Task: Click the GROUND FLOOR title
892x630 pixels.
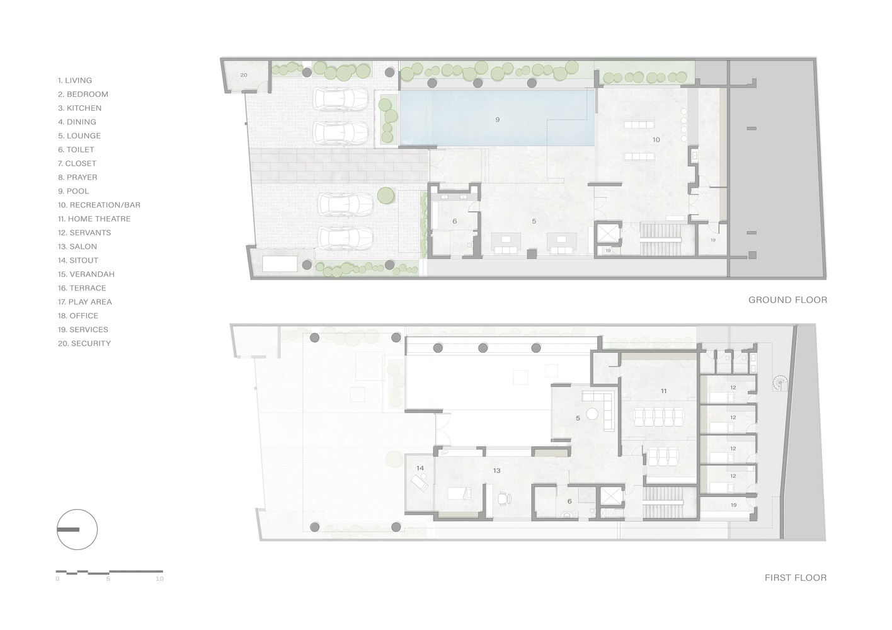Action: pos(787,300)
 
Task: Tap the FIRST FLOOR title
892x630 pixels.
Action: pos(795,577)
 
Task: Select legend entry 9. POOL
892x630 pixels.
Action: pos(74,191)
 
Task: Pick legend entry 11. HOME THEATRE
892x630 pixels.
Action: pos(94,219)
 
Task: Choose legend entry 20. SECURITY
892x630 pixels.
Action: pos(84,343)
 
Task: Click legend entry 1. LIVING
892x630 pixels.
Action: pos(75,80)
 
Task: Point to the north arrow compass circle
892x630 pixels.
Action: pos(77,529)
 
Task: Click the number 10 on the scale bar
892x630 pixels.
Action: pos(159,578)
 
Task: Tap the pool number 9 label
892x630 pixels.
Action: pos(498,119)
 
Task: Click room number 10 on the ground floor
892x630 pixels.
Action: pos(656,139)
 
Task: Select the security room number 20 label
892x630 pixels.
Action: pos(244,74)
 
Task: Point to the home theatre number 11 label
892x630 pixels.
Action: pos(663,391)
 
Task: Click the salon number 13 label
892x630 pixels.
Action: pos(496,471)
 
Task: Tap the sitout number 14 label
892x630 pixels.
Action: pos(420,468)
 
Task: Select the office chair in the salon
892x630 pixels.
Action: pos(502,498)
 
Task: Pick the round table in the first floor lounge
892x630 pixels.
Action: pos(592,414)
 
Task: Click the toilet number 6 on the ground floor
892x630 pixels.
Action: pos(454,221)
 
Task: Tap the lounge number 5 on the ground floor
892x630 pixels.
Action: pos(534,221)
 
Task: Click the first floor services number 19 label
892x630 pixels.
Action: pos(733,505)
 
